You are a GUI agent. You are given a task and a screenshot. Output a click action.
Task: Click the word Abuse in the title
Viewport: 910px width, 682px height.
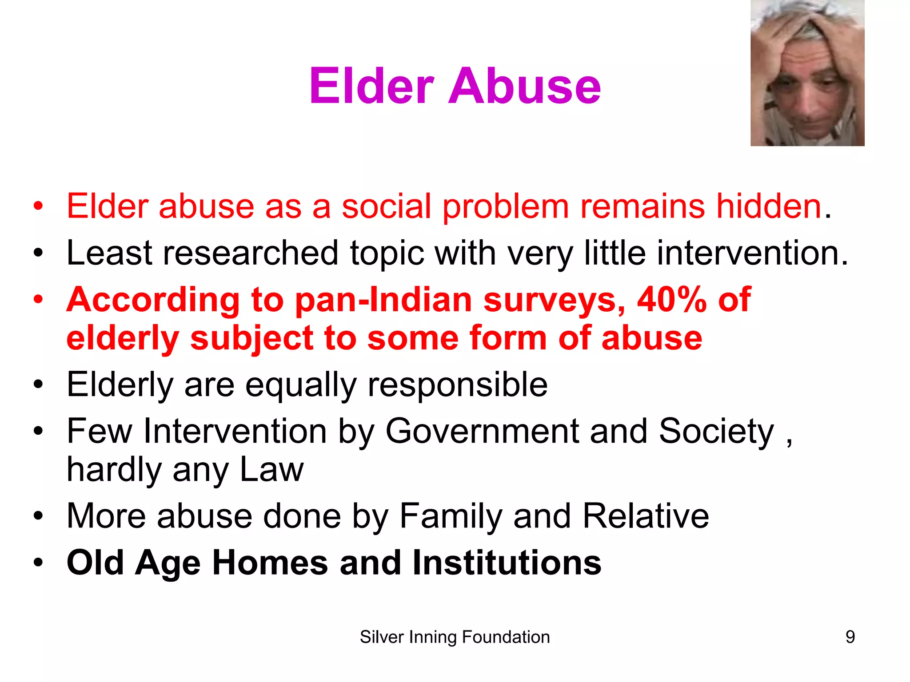525,86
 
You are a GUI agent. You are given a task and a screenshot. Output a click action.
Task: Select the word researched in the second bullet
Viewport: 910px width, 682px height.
251,253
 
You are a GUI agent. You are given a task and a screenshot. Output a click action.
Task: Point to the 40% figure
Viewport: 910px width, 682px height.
671,300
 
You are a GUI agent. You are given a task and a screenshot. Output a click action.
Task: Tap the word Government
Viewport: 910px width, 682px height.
482,431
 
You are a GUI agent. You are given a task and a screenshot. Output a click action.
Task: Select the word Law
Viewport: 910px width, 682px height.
272,470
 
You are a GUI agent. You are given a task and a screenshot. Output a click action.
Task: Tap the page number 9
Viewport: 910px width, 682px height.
850,637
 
